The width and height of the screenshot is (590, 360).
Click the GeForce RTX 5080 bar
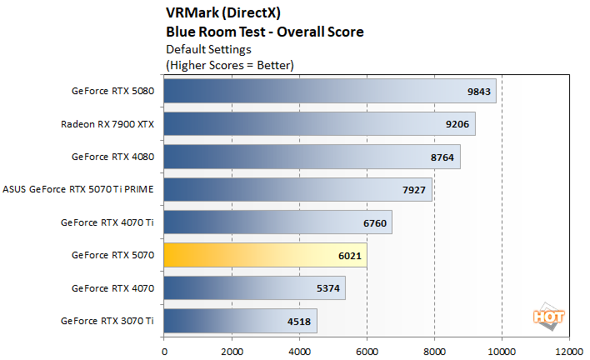tap(330, 91)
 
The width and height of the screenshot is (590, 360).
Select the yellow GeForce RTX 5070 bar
tap(265, 254)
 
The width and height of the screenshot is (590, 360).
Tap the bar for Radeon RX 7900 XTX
tap(319, 123)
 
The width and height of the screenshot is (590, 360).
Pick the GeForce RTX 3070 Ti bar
tap(240, 320)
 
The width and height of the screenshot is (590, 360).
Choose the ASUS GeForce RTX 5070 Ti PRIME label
tap(79, 189)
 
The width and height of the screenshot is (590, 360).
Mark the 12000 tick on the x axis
tap(569, 350)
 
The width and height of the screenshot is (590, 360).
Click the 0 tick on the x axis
tap(164, 350)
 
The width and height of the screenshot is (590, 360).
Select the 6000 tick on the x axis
tap(367, 350)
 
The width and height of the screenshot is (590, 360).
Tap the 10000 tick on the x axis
tap(502, 350)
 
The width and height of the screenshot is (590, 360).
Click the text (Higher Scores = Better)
tap(230, 64)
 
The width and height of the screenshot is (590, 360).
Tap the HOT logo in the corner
tap(544, 317)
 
